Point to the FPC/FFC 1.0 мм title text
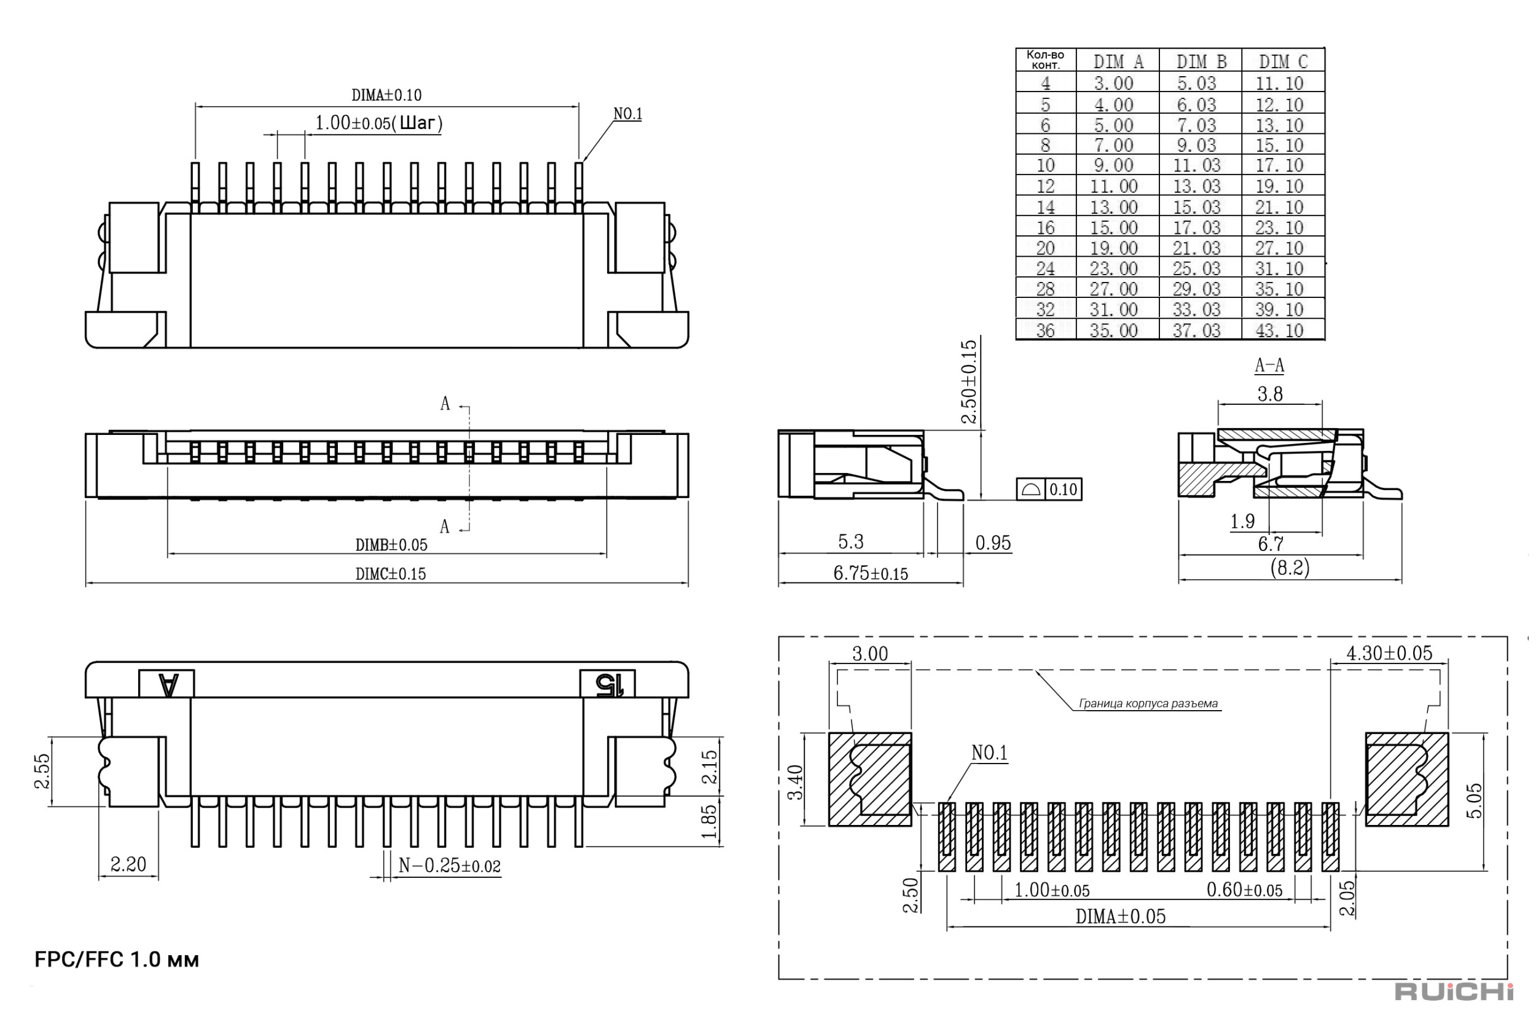(x=117, y=960)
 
